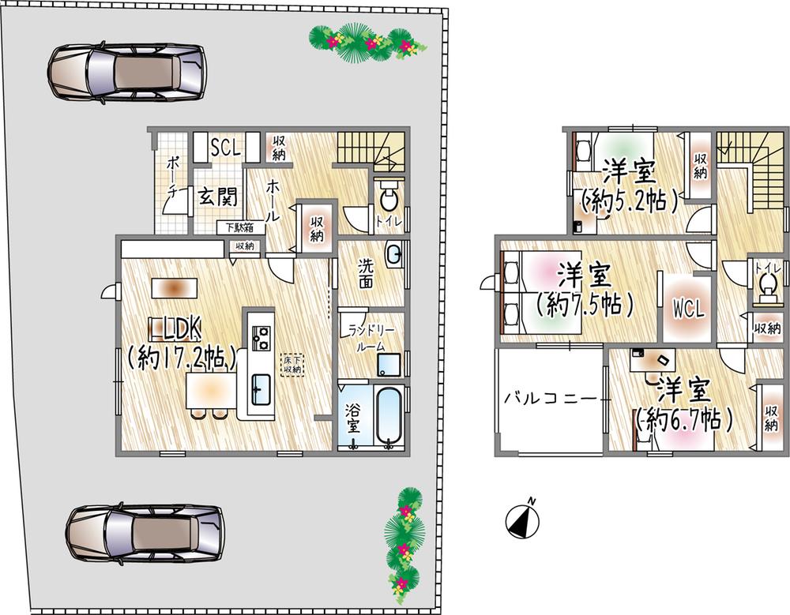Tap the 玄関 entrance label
coord(216,196)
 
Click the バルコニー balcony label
coord(551,399)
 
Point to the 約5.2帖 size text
coord(630,201)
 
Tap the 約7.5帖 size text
coord(585,304)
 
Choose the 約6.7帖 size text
coord(684,418)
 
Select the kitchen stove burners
coord(261,337)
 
